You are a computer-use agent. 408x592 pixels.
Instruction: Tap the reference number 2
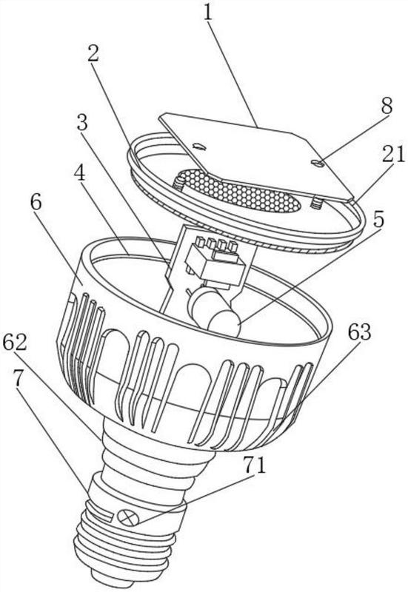[x=93, y=53]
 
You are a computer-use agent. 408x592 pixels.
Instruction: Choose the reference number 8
[x=387, y=106]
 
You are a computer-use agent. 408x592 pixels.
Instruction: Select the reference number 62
[x=15, y=343]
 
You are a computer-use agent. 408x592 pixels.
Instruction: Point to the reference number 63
[x=359, y=332]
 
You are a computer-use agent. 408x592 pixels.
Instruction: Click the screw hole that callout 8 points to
[x=318, y=163]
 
